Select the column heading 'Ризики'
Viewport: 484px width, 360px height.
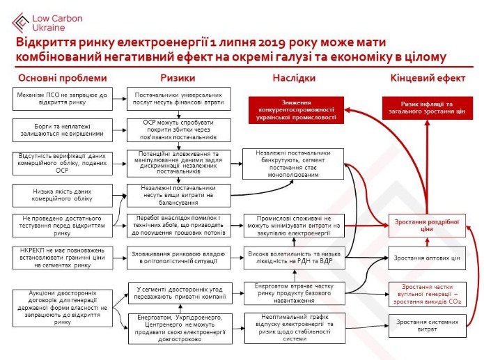tap(178, 77)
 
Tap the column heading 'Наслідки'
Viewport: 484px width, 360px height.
tap(293, 77)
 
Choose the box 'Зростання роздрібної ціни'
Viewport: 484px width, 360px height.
tap(426, 225)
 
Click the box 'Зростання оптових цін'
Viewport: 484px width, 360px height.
tap(426, 258)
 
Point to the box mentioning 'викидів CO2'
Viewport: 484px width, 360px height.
tap(426, 291)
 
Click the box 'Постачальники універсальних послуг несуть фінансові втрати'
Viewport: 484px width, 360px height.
tap(177, 99)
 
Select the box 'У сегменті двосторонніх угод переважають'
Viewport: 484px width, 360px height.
tap(177, 292)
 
